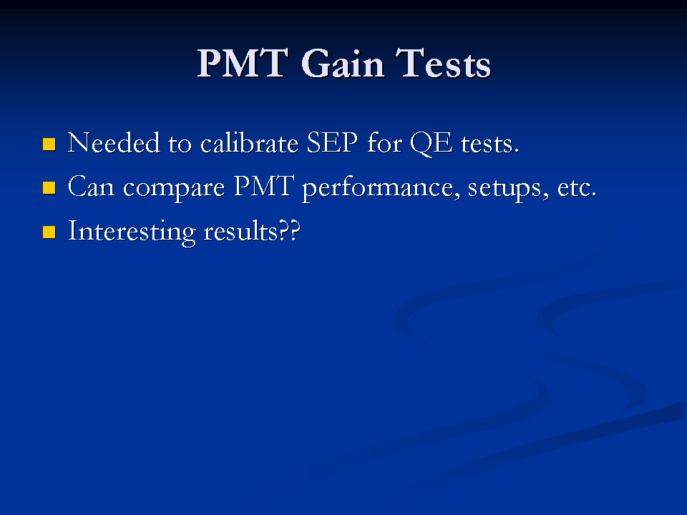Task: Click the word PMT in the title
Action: [243, 64]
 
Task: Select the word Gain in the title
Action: [343, 64]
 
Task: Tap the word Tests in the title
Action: [443, 64]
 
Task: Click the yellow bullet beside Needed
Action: [49, 144]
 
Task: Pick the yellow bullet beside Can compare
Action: [49, 188]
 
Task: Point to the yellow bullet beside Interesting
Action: [49, 232]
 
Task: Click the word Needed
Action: [114, 143]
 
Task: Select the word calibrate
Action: [249, 143]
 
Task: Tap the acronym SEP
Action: [332, 143]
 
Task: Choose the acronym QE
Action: [431, 144]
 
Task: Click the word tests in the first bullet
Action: [489, 144]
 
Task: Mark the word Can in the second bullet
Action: [91, 187]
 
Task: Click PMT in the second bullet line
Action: [264, 186]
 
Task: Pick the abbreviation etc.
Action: [577, 188]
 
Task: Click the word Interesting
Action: [132, 232]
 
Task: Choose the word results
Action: [240, 231]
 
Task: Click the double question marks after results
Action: [289, 230]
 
